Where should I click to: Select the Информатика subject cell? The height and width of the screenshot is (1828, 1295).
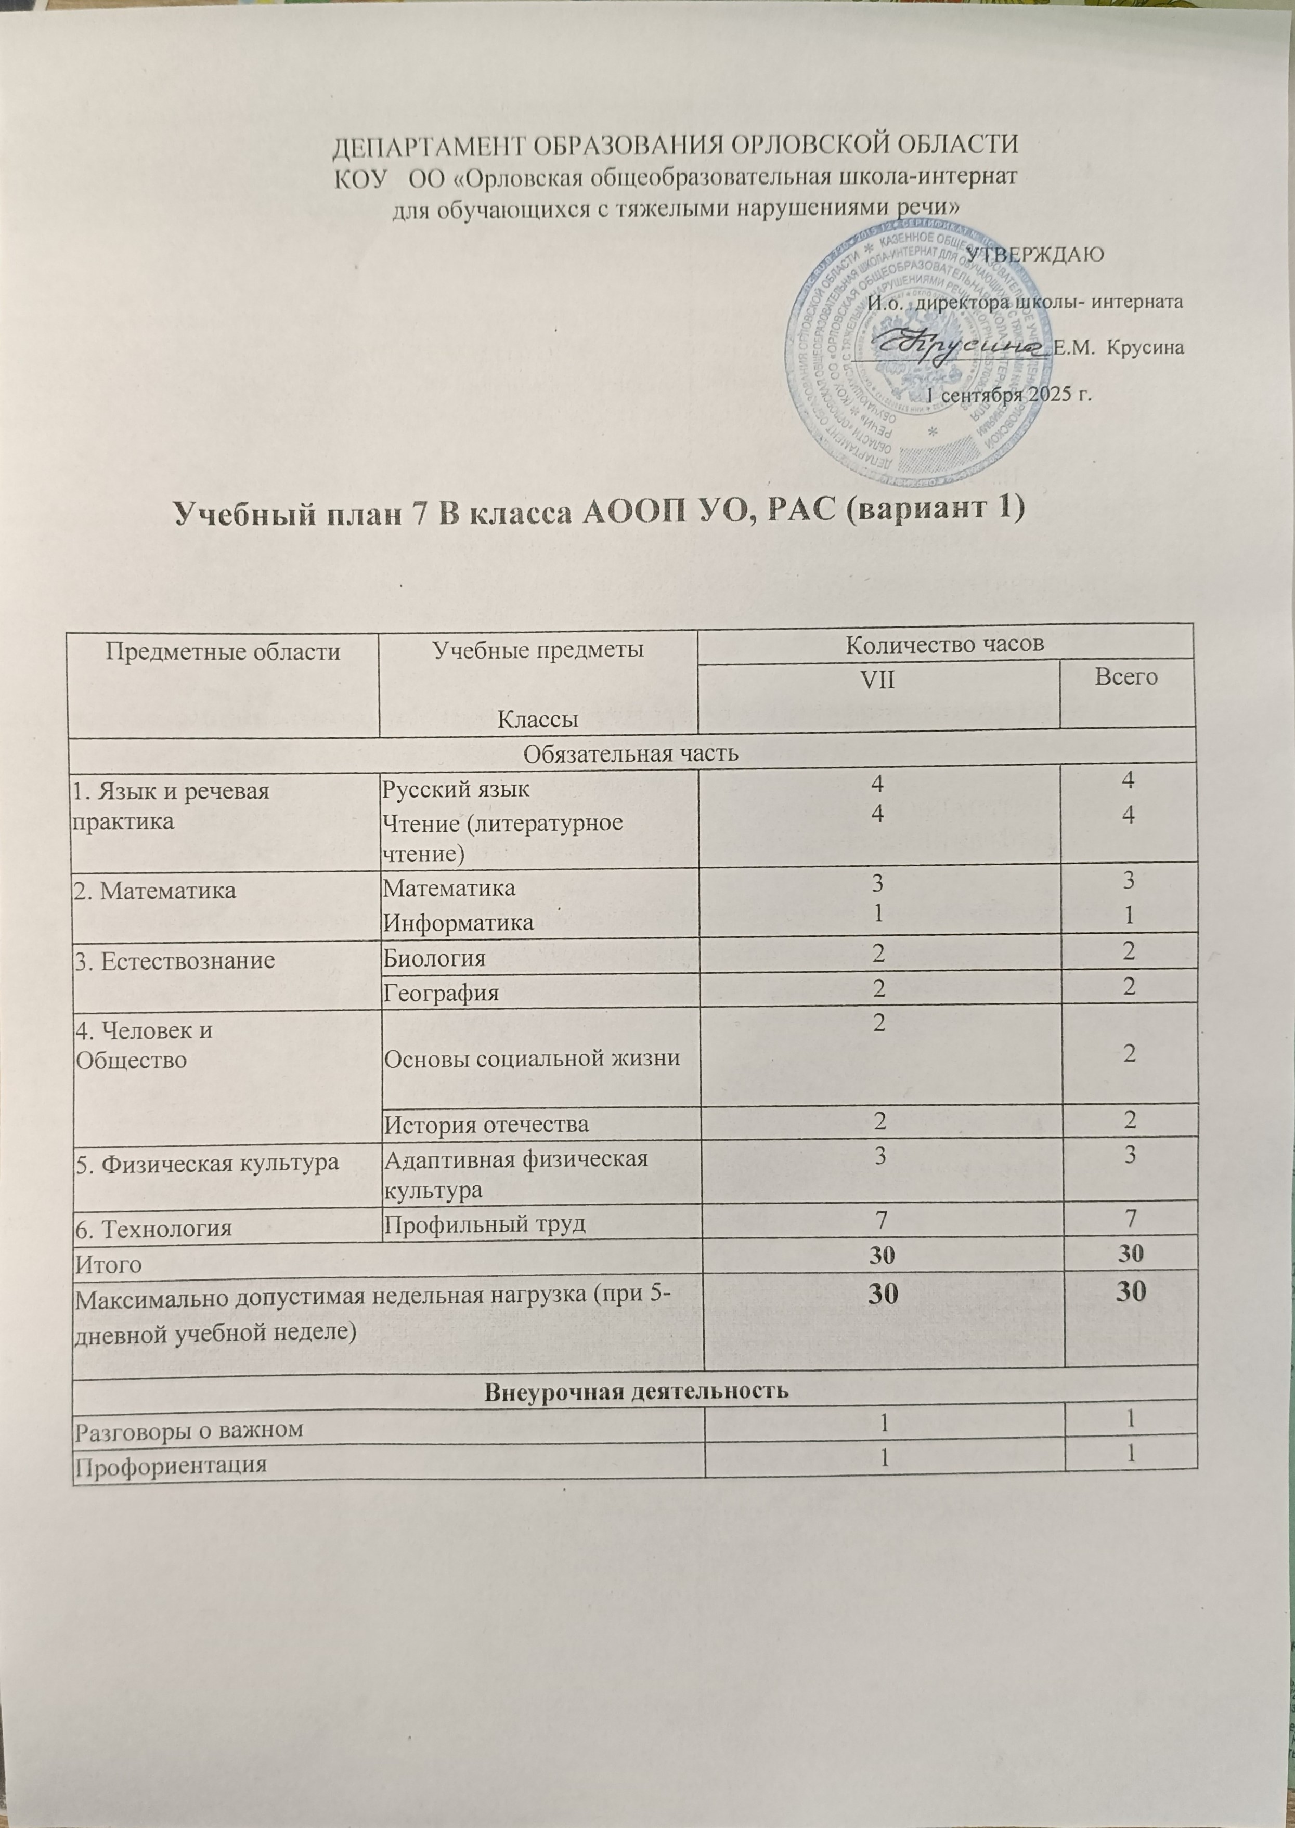pyautogui.click(x=459, y=923)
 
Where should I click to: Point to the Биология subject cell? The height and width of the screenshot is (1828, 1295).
pyautogui.click(x=435, y=958)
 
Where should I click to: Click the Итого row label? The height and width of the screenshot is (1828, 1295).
pyautogui.click(x=108, y=1264)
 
